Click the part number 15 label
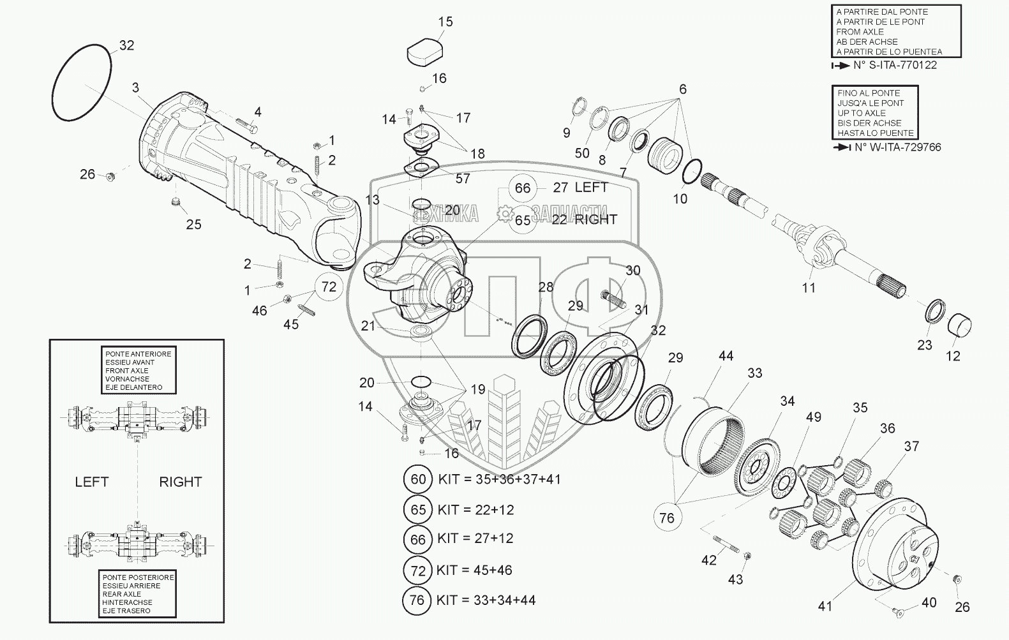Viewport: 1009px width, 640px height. pos(445,22)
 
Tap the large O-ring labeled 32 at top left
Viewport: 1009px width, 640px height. pos(82,82)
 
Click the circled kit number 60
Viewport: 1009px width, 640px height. pos(418,480)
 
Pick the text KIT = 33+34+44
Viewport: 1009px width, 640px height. pos(486,600)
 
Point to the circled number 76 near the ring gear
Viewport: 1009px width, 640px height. pos(666,517)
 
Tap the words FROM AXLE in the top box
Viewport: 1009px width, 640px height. pos(860,32)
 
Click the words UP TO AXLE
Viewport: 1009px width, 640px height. pos(862,113)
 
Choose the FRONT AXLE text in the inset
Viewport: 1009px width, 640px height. pos(126,371)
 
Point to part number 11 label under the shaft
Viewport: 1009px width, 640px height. pos(809,288)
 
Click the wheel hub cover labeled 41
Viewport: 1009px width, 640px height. pos(893,549)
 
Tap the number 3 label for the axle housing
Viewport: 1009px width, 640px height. pos(135,88)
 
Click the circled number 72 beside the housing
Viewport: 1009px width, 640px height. pos(329,287)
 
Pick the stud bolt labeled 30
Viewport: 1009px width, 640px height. pos(613,297)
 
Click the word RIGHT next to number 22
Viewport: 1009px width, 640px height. pos(595,220)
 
